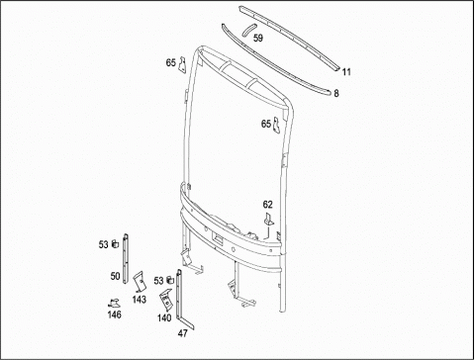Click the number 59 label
pyautogui.click(x=258, y=39)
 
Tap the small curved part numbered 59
pyautogui.click(x=248, y=29)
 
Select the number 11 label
pyautogui.click(x=346, y=72)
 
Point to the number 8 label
pyautogui.click(x=336, y=93)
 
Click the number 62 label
pyautogui.click(x=268, y=205)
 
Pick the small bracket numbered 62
pyautogui.click(x=269, y=220)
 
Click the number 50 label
pyautogui.click(x=115, y=276)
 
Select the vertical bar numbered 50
pyautogui.click(x=126, y=258)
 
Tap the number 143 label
pyautogui.click(x=140, y=300)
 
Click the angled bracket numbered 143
pyautogui.click(x=140, y=281)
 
